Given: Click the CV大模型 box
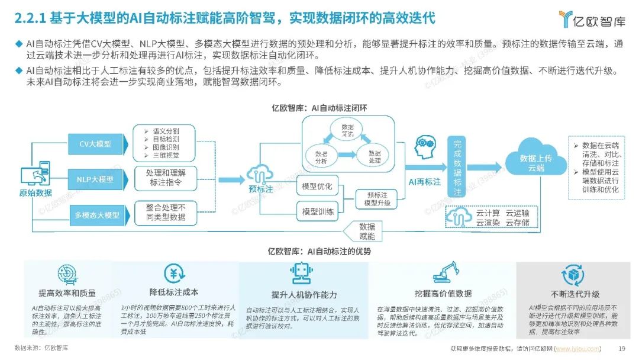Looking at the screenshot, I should [95, 144].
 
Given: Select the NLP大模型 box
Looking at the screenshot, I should [95, 179].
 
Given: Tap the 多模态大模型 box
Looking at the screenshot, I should [96, 215].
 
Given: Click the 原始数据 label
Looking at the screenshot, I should [36, 193].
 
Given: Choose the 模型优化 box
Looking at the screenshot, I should [317, 187].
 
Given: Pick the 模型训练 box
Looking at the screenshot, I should [317, 211].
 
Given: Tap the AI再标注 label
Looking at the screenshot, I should [425, 182].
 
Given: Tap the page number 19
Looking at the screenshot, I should [621, 348].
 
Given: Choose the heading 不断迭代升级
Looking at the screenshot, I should [575, 294].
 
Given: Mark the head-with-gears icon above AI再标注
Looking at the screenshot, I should [425, 148].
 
